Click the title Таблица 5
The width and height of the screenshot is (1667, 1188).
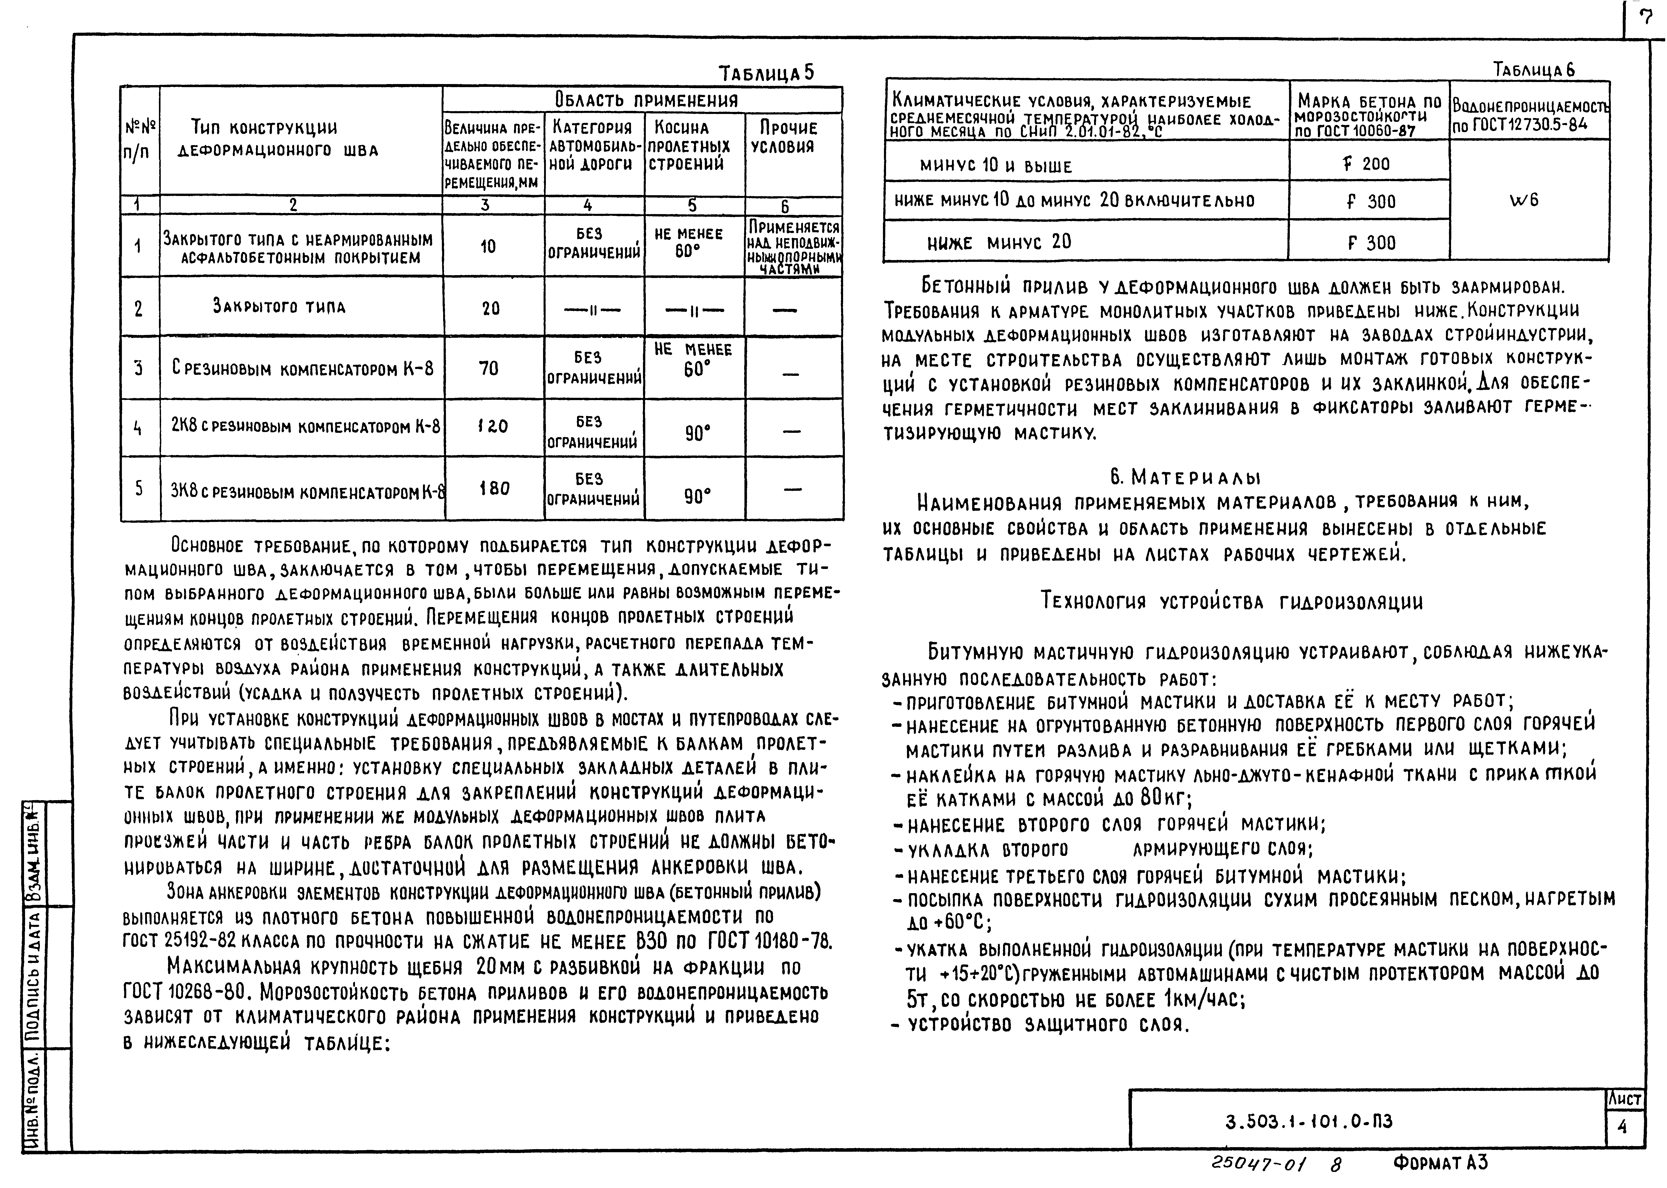(x=766, y=73)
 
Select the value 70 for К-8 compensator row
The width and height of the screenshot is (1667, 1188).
(x=489, y=368)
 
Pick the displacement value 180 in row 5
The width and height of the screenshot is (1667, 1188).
(x=494, y=488)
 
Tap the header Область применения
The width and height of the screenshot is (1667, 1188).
(x=646, y=99)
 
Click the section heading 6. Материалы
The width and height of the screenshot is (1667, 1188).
(x=1186, y=478)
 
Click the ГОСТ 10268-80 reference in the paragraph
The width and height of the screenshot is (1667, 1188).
(x=187, y=993)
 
